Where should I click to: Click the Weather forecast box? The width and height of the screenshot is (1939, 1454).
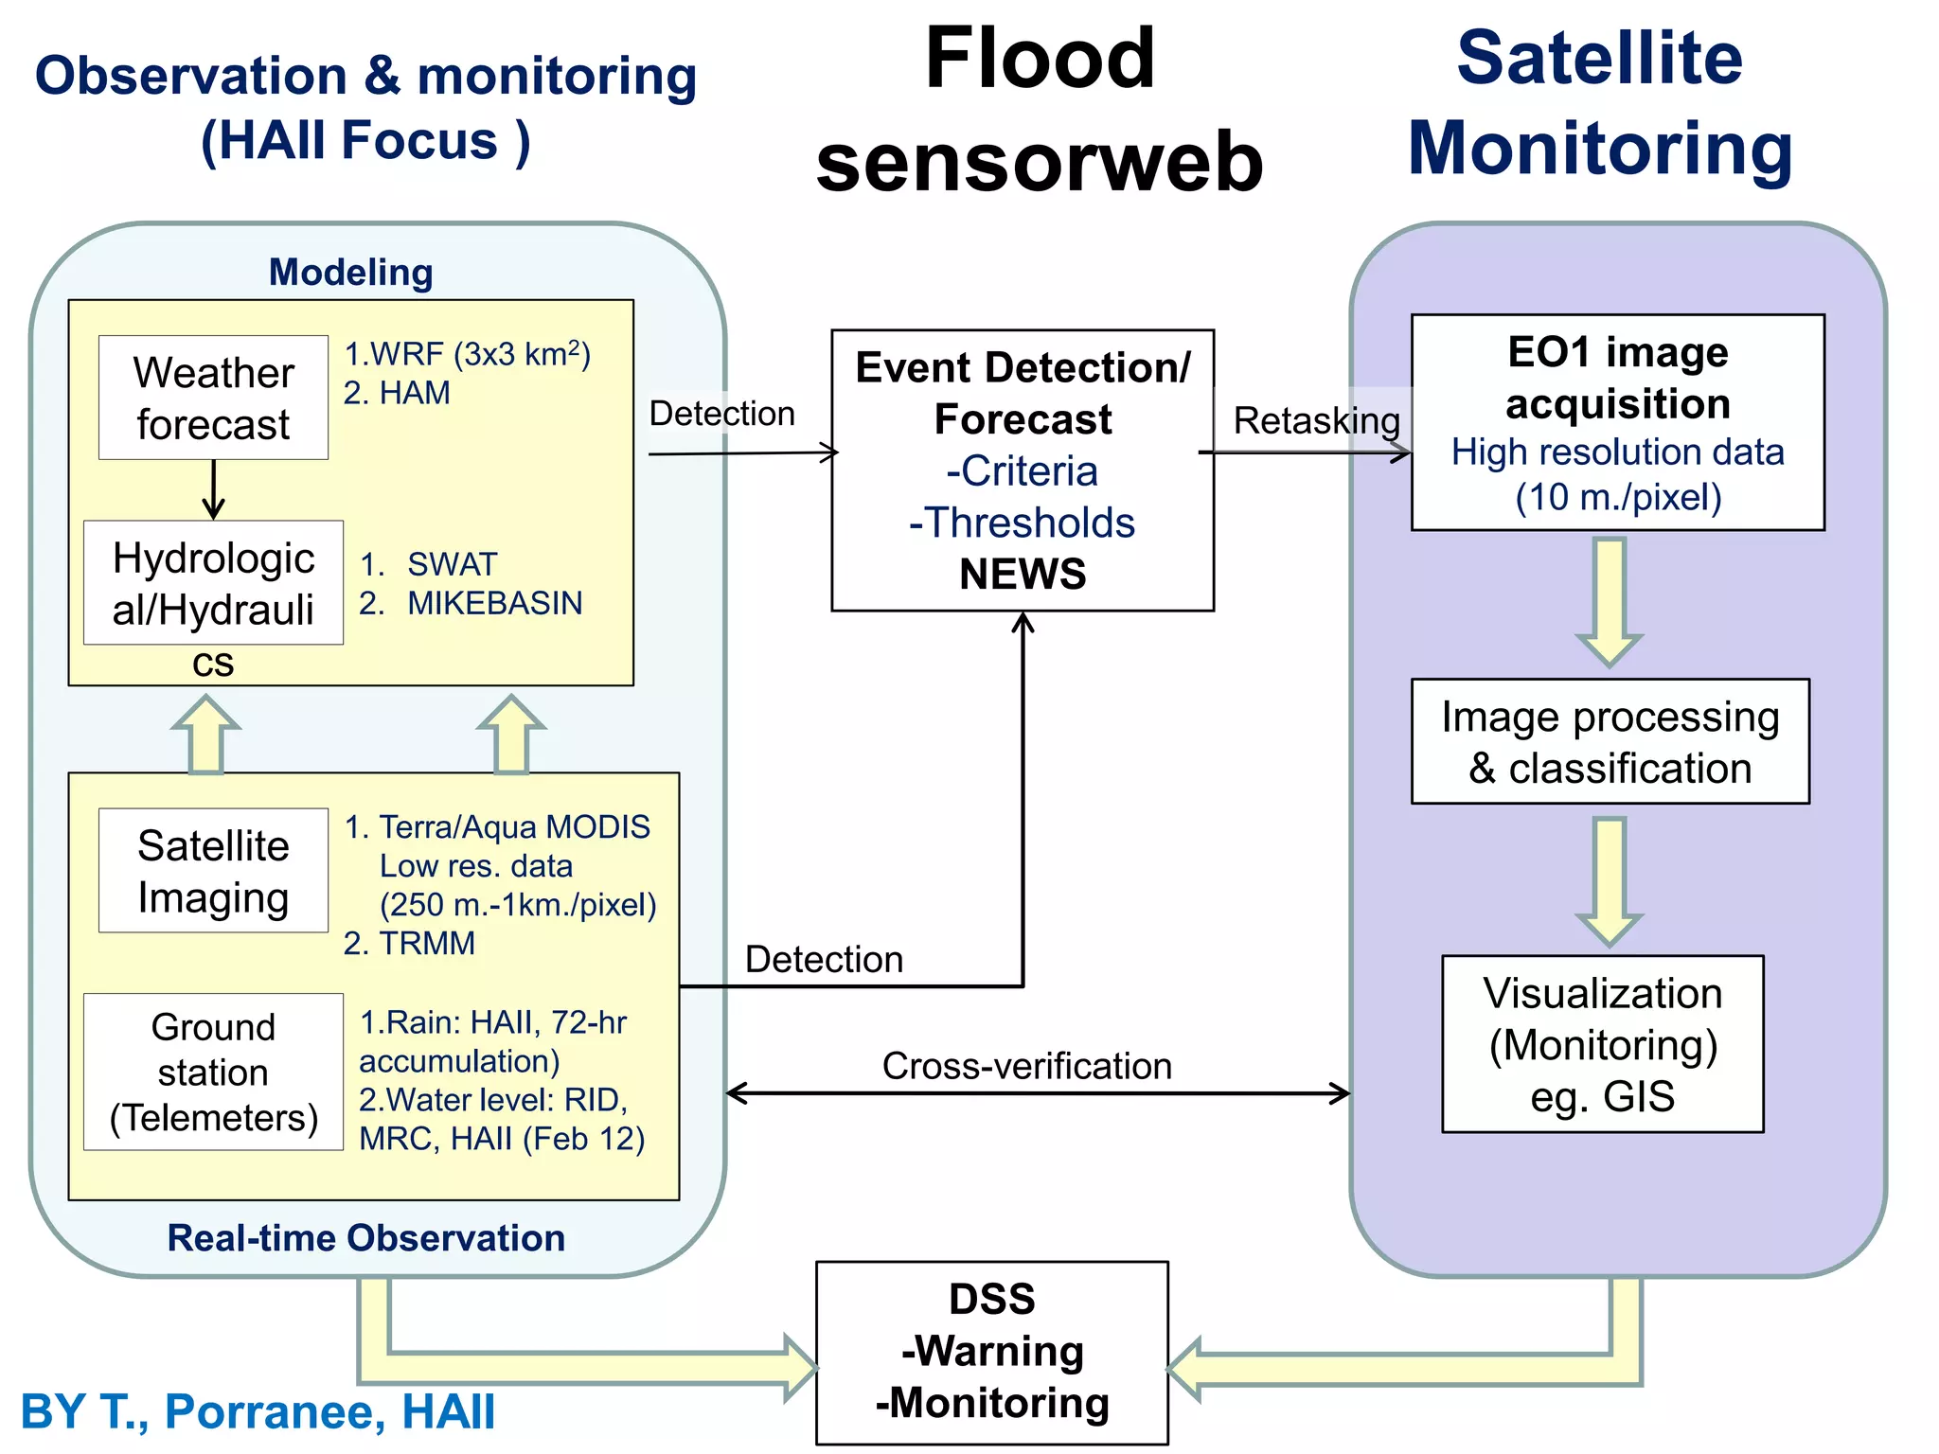pos(213,398)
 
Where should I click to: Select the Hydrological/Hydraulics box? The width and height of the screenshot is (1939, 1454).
pos(213,583)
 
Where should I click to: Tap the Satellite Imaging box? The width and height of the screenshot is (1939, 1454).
pos(213,870)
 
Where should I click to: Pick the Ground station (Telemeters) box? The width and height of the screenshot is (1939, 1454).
pos(213,1072)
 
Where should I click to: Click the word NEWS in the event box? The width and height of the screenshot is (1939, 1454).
pos(1023,574)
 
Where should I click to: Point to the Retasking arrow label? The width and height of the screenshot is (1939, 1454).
pos(1316,420)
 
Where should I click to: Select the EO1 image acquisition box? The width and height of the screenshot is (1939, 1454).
pos(1617,422)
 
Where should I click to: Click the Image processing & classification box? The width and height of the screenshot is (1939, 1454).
pos(1610,741)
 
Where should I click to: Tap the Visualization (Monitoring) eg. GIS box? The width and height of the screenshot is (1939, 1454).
pos(1602,1043)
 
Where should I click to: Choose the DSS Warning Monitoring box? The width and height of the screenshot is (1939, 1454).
pos(992,1352)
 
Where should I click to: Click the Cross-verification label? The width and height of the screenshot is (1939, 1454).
pos(1026,1066)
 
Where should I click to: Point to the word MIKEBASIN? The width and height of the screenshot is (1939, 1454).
pos(494,603)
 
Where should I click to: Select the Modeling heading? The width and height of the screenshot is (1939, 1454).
pos(350,273)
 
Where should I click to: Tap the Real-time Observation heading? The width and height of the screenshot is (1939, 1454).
pos(365,1238)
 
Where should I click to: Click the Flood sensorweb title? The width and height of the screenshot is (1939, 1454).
pos(1040,109)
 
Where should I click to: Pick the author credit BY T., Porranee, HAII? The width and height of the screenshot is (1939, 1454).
pos(258,1410)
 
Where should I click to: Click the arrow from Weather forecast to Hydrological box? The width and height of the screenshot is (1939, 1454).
pos(214,490)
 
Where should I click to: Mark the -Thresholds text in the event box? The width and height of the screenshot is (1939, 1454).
pos(1022,523)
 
